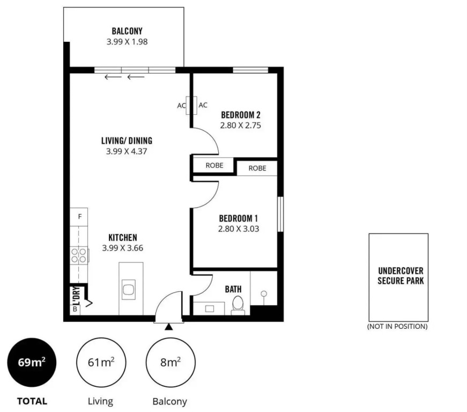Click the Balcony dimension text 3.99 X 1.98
(x=127, y=42)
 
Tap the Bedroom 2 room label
(x=241, y=115)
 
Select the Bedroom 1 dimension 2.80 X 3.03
(x=239, y=229)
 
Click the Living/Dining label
(x=127, y=141)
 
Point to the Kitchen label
(x=123, y=238)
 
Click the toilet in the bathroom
(x=238, y=305)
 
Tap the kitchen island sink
(x=129, y=290)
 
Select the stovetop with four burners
(x=79, y=255)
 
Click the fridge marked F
(x=79, y=217)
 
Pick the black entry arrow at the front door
(x=169, y=327)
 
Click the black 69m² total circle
(x=32, y=362)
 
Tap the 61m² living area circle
(x=101, y=362)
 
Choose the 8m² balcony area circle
(x=171, y=362)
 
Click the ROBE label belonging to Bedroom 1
(x=257, y=168)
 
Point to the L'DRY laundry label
(x=76, y=296)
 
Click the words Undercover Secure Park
(x=401, y=276)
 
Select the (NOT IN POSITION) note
(x=397, y=327)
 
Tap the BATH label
(x=233, y=289)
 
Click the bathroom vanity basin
(x=210, y=309)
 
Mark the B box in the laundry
(x=75, y=309)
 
